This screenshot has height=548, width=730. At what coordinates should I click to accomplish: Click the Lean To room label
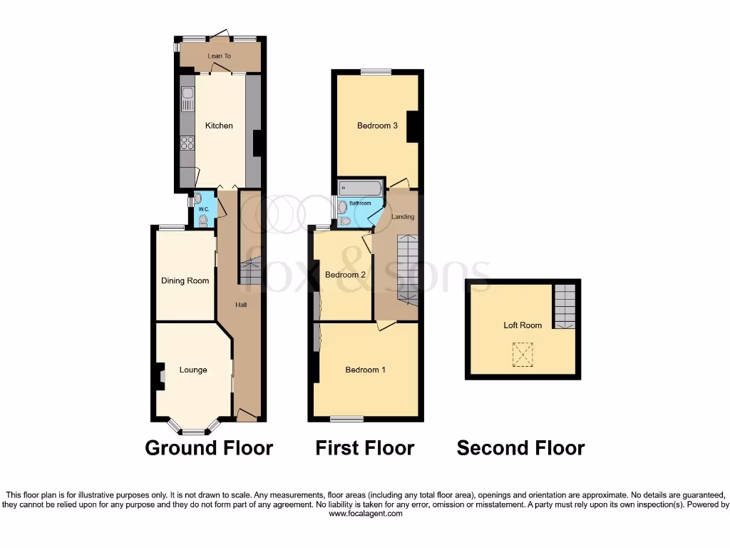coord(219,56)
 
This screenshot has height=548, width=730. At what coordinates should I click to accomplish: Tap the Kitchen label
coord(219,126)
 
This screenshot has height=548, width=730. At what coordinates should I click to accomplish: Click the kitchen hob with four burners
coord(187,142)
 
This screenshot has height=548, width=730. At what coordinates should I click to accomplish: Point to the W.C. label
coord(203,209)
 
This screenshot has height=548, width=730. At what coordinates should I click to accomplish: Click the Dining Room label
coord(185,280)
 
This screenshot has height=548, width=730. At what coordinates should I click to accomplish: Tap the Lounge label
coord(193,370)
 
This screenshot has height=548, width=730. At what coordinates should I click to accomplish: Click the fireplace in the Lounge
coord(160,375)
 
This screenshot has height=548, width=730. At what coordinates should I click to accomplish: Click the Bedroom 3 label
coord(377,126)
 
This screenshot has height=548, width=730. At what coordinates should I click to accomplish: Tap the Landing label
coord(403,216)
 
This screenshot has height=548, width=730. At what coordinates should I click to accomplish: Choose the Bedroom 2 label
coord(345,275)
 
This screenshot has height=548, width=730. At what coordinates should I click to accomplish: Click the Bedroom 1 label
coord(365,370)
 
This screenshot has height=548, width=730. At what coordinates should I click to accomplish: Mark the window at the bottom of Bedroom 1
coord(351,419)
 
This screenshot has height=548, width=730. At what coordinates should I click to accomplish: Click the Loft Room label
coord(523,325)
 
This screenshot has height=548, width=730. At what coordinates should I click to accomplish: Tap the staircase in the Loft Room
coord(564,305)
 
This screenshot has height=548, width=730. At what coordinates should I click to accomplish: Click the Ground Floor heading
coord(209,448)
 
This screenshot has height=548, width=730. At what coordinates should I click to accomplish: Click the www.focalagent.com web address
coord(364,514)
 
